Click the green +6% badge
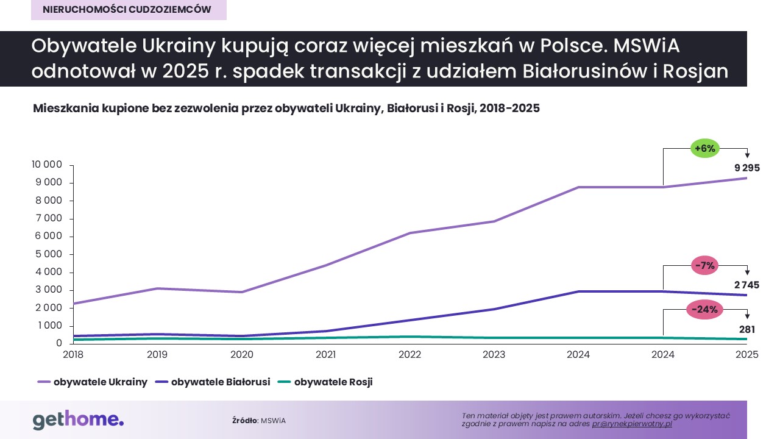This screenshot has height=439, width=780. (705, 148)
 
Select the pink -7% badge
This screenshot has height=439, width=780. (705, 265)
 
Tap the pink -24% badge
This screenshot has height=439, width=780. (705, 310)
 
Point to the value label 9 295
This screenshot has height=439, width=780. (747, 168)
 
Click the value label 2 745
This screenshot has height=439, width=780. (747, 285)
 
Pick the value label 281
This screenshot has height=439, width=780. (747, 330)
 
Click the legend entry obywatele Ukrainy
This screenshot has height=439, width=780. (93, 382)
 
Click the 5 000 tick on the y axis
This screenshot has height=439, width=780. (48, 254)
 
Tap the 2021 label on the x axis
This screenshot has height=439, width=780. (325, 354)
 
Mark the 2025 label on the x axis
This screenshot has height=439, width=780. (746, 354)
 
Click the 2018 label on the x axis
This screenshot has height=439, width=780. (73, 354)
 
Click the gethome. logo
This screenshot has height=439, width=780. (78, 420)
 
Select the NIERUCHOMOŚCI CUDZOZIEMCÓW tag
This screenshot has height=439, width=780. (127, 10)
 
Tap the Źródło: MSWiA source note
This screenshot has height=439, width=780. (258, 421)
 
